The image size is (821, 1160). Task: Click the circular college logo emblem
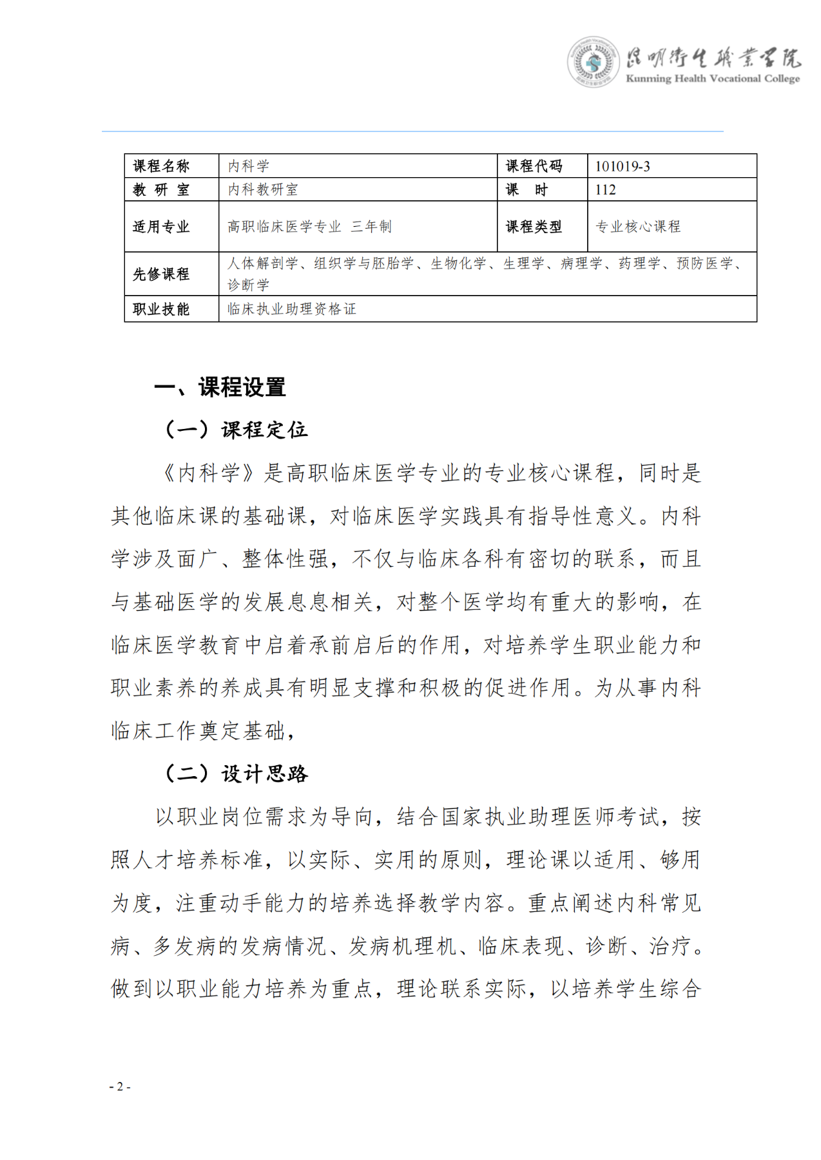click(x=593, y=62)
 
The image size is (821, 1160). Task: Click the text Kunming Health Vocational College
click(x=713, y=79)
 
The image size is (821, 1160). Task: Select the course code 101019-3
click(x=623, y=166)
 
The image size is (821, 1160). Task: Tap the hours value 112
click(x=606, y=190)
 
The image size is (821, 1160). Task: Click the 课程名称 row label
click(x=161, y=166)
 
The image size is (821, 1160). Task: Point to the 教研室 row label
click(x=161, y=190)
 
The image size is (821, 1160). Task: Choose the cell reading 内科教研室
click(x=263, y=190)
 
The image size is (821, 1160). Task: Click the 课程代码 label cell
click(x=534, y=166)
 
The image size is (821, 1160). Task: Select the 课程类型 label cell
click(x=534, y=227)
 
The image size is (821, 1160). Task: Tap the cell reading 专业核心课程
click(x=638, y=227)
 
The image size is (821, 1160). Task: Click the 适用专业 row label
click(x=161, y=227)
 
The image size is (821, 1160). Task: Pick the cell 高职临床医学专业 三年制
click(x=309, y=227)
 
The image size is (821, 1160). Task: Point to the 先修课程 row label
click(x=161, y=274)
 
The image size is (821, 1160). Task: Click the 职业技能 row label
click(x=161, y=309)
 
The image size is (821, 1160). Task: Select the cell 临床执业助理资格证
click(x=292, y=309)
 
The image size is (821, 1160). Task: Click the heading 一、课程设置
click(x=220, y=387)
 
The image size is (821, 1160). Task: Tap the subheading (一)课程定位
click(x=236, y=430)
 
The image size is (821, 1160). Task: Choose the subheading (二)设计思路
click(x=236, y=774)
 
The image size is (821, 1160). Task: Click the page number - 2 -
click(x=120, y=1087)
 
